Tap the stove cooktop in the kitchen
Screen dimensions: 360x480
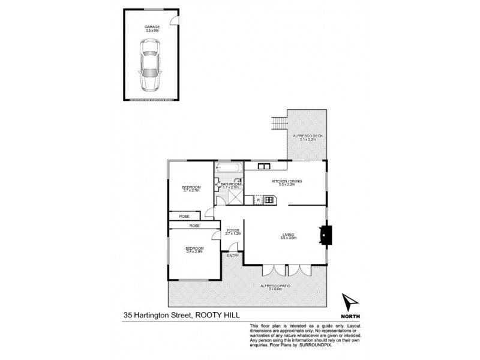click(268, 200)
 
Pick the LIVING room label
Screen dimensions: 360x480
click(289, 236)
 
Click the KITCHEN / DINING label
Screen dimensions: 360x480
click(286, 182)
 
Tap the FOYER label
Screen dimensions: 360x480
click(233, 230)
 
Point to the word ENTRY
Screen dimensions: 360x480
click(233, 256)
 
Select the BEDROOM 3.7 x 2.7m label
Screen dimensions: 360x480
click(191, 190)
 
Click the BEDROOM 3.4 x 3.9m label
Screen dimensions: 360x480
click(194, 250)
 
